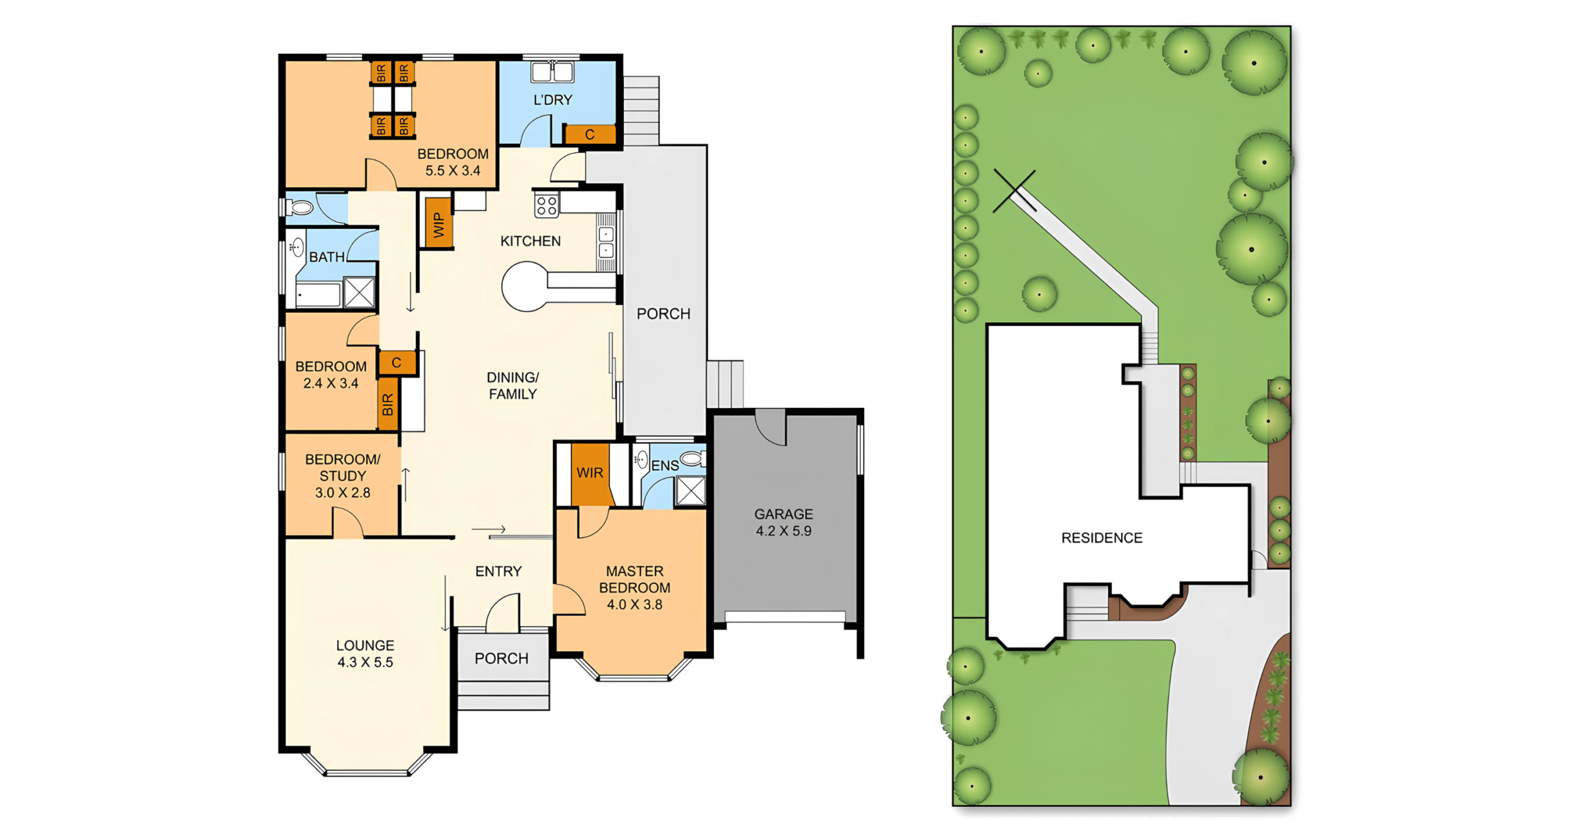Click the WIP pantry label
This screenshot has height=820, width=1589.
click(x=439, y=225)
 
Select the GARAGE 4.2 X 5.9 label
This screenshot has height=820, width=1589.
click(x=783, y=522)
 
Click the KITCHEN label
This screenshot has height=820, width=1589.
click(x=530, y=241)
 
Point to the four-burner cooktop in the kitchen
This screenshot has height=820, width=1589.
click(x=547, y=205)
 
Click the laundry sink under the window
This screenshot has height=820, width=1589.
click(x=552, y=72)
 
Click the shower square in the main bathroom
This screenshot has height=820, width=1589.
click(x=359, y=292)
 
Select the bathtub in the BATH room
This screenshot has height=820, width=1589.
click(x=318, y=295)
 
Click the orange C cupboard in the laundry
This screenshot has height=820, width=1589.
click(x=590, y=134)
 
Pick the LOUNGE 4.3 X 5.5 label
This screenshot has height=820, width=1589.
click(x=365, y=654)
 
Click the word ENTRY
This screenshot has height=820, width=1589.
click(x=498, y=571)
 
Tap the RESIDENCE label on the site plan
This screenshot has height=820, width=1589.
click(x=1102, y=538)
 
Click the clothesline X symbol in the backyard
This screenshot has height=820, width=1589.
click(x=1014, y=191)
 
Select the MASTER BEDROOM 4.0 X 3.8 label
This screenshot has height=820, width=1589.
click(x=634, y=587)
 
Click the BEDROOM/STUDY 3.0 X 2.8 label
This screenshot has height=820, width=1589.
click(x=343, y=476)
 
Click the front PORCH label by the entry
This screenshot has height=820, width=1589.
click(x=502, y=658)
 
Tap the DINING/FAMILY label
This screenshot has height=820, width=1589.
click(x=513, y=385)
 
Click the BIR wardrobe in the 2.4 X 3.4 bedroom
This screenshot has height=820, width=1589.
click(x=388, y=404)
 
